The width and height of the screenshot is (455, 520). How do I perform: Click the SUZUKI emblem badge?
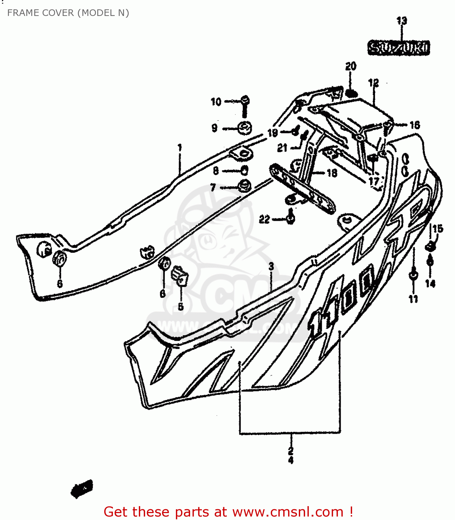point(398,48)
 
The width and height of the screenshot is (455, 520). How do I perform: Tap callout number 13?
point(402,20)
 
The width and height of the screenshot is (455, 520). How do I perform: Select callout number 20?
point(351,66)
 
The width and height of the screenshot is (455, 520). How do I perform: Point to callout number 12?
point(373,83)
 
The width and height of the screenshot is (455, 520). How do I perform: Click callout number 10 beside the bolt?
point(216,102)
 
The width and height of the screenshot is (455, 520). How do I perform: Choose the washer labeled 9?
point(245,128)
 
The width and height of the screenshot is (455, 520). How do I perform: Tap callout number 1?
point(180,148)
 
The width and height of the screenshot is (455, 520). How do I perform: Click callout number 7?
point(213,188)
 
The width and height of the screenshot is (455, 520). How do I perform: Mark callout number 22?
point(264,219)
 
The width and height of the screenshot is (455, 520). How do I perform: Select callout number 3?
point(271,266)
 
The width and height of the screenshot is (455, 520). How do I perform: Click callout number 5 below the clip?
point(180,306)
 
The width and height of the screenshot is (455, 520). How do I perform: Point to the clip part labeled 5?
point(180,274)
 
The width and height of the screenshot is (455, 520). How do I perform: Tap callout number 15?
point(438,228)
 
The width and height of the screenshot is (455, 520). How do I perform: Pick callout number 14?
point(430,284)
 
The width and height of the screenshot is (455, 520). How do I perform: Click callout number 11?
point(413,299)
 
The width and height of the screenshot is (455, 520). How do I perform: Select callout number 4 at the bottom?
point(291,460)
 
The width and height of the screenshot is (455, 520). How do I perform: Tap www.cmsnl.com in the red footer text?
point(287,512)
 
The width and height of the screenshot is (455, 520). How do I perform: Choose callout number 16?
point(414,125)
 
